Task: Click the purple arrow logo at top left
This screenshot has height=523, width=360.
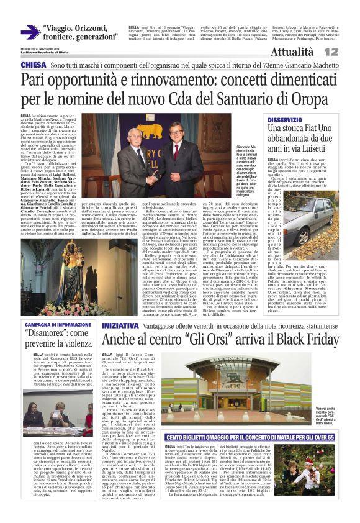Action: [x=30, y=32]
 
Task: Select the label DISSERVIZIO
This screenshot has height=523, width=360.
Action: [x=303, y=119]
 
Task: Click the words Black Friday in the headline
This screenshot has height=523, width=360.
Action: [x=299, y=340]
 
